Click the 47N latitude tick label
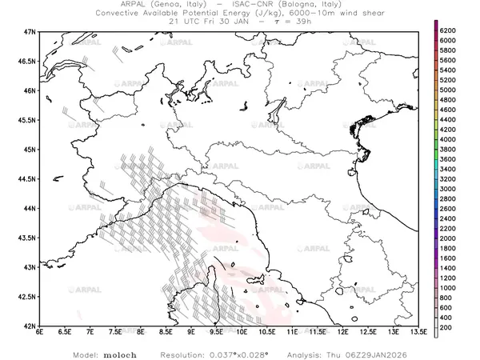[x=30, y=31]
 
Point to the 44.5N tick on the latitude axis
[x=28, y=179]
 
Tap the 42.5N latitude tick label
[x=28, y=298]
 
